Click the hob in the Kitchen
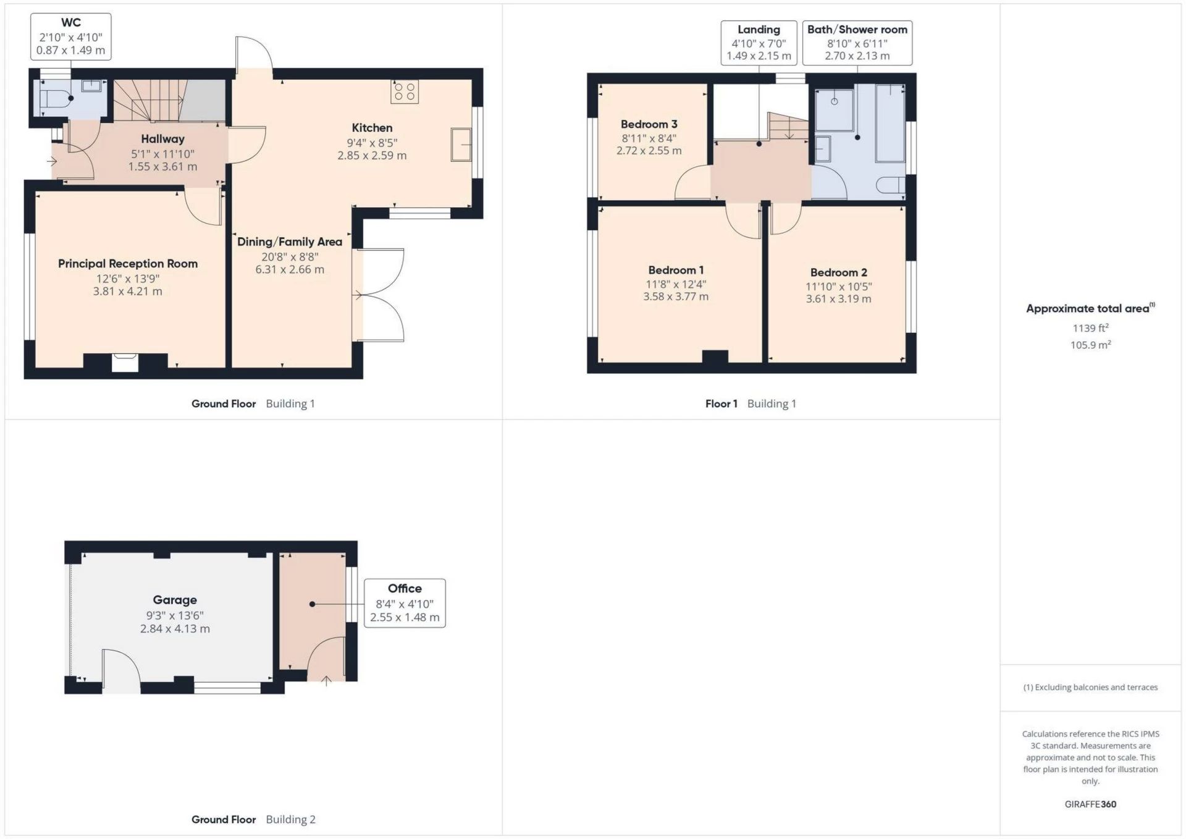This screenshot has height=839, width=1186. click(x=405, y=91)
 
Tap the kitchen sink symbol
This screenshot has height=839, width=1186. click(x=461, y=145)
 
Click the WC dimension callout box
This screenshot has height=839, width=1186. click(x=71, y=37)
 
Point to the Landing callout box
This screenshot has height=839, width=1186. click(x=759, y=43)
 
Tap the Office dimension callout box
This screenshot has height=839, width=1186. click(x=405, y=603)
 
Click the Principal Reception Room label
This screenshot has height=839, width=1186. click(x=128, y=264)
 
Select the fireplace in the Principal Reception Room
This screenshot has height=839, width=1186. click(x=125, y=362)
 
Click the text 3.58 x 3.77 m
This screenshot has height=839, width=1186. click(x=676, y=297)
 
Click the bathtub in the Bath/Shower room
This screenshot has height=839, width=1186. click(x=890, y=124)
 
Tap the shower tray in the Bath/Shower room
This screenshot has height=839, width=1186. click(x=835, y=110)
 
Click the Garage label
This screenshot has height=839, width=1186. click(x=175, y=600)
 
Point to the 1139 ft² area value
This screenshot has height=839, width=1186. click(x=1090, y=328)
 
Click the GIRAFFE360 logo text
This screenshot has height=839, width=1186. click(x=1090, y=804)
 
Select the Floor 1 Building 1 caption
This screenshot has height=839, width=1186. click(x=751, y=403)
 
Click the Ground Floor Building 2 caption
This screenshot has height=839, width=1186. click(x=253, y=819)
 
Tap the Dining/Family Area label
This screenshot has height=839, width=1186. click(x=290, y=242)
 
